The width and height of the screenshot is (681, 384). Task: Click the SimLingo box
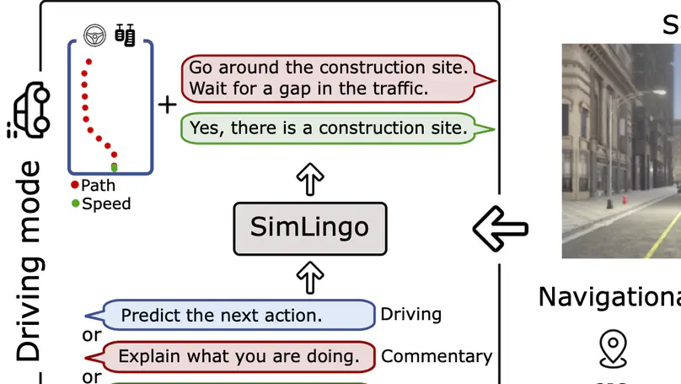coord(309,228)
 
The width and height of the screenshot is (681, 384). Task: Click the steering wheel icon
coord(94,35)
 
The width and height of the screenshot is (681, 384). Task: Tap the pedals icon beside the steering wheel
coord(125,35)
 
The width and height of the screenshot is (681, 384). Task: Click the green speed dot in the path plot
coord(115,166)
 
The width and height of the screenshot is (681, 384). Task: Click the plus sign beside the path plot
coord(168,105)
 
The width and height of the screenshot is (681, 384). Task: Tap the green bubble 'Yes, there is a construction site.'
coord(329,128)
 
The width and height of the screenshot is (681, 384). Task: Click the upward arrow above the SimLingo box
coord(311,180)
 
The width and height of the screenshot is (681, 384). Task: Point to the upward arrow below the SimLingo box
coord(311,276)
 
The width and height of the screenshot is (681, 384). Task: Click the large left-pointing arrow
coord(500,227)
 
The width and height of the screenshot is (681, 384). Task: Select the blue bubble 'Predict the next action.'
coord(238,316)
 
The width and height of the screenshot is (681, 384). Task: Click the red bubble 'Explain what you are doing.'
coord(238,356)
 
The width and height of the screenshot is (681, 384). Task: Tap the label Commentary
coord(437,356)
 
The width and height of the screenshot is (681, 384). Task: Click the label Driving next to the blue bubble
coord(411,315)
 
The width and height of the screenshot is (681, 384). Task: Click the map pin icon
coord(612,349)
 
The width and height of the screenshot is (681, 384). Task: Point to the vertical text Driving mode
coord(29,262)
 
